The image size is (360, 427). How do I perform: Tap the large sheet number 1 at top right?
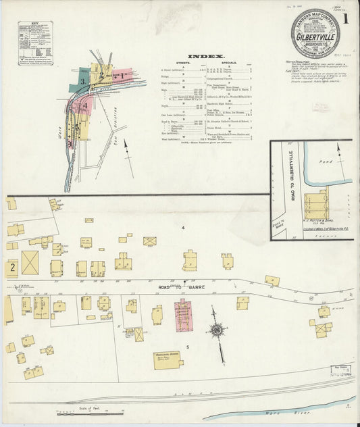345,19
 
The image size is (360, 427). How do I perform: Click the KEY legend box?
35,44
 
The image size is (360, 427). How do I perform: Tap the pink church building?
183,313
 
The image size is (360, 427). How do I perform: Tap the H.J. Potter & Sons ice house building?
315,204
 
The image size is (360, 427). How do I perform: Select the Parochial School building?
168,359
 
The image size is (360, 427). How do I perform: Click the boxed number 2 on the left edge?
12,268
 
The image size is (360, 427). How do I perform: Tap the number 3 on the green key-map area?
82,81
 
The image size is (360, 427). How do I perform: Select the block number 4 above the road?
182,229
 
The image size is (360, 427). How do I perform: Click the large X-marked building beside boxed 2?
30,262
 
